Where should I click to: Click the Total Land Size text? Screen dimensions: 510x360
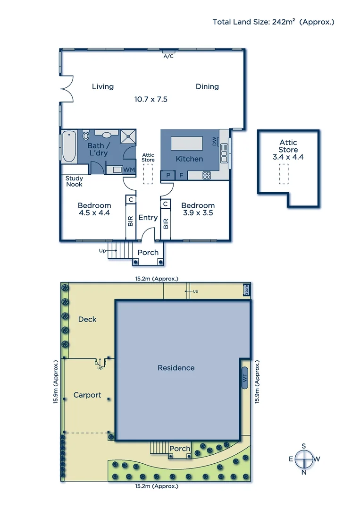coord(273,22)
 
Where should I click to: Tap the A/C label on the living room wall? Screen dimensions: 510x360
coord(168,56)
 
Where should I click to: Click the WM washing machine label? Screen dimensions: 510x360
coord(129,169)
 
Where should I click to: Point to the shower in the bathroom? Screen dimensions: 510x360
coord(127,136)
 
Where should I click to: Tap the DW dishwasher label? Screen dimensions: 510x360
coord(215,141)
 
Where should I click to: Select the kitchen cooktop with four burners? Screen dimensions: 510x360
coord(207,175)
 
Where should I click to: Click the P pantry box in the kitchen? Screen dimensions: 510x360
coord(167,175)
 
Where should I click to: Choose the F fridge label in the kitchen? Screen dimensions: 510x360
coord(181,175)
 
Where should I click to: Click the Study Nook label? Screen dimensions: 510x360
coord(74,181)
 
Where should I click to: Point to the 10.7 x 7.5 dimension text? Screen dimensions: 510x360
coord(151,99)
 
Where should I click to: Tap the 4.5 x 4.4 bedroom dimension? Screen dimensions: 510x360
coord(94,213)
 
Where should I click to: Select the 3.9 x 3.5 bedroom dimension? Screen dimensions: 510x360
coord(198,213)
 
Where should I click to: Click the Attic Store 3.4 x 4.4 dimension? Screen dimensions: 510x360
coord(288,157)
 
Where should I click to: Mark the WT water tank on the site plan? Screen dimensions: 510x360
coord(244,378)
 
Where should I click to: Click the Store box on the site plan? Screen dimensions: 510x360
coord(246,289)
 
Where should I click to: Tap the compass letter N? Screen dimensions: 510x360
coord(304,472)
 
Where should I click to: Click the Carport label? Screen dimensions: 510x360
coord(87,395)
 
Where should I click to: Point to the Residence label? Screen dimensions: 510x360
coord(176,367)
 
